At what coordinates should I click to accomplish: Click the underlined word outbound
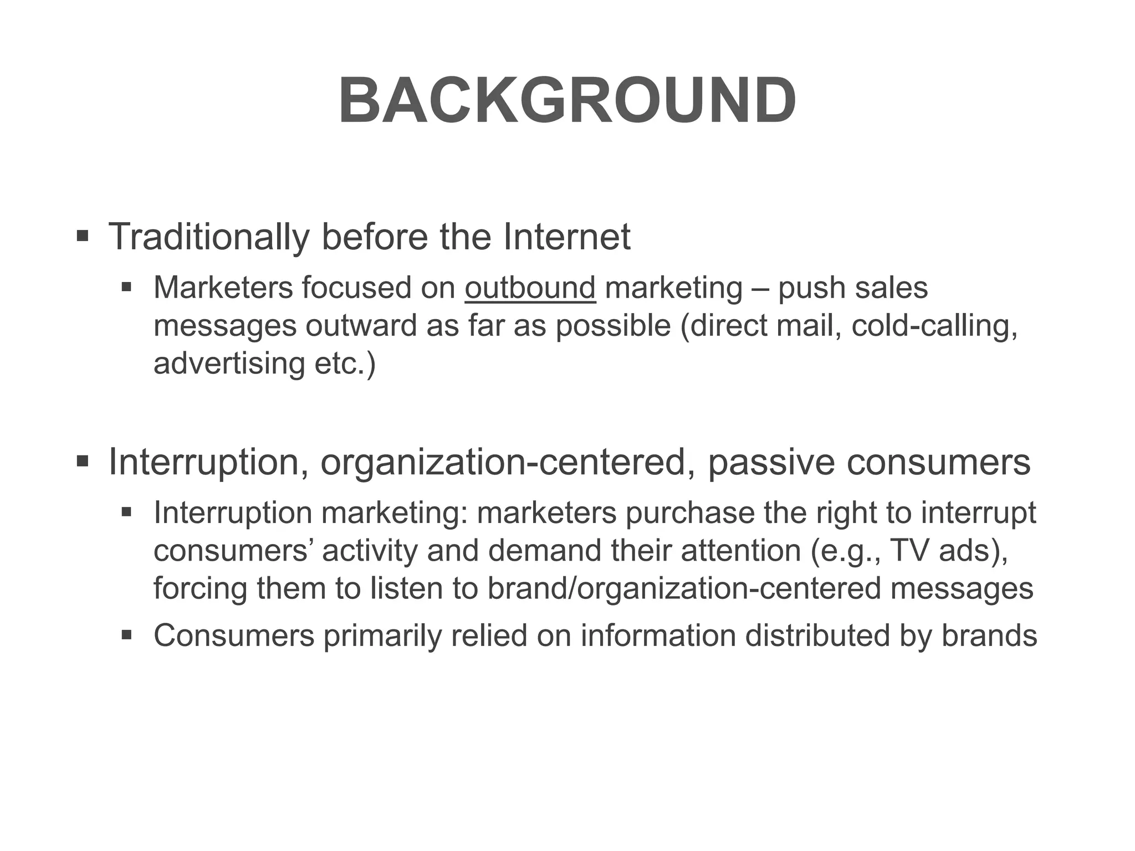[530, 288]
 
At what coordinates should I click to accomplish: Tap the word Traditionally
[208, 237]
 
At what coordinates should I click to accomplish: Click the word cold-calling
[934, 326]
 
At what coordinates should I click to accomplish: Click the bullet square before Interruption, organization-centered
[83, 460]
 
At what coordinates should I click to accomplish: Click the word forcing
[200, 588]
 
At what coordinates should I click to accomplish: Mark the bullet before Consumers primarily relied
[127, 634]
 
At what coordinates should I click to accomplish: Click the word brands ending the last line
[989, 635]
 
